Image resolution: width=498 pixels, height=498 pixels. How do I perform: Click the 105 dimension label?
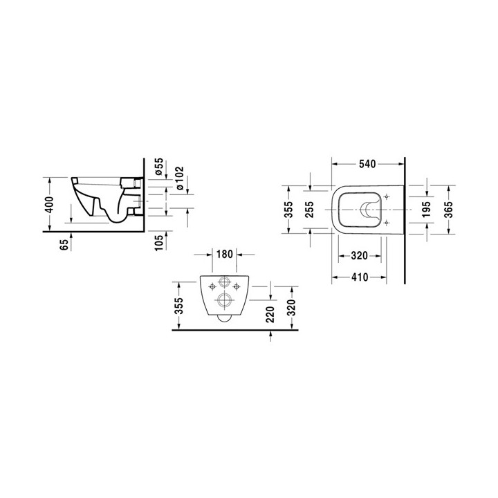[158, 242]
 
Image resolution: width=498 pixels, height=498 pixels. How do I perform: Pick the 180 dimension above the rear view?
[225, 255]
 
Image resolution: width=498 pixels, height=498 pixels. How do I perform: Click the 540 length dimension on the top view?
[367, 164]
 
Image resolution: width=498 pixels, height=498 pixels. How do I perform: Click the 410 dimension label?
[359, 276]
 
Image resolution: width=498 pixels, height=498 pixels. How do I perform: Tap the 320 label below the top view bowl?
[359, 255]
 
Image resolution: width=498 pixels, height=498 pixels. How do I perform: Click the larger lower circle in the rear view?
[224, 300]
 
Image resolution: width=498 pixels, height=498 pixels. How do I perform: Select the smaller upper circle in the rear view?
[224, 283]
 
